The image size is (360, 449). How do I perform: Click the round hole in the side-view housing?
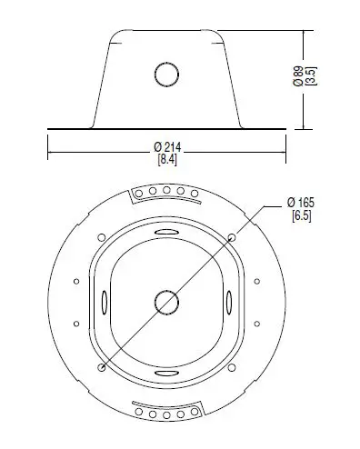(x=165, y=73)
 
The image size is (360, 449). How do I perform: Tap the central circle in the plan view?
(x=165, y=301)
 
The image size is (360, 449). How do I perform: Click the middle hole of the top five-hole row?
(x=165, y=191)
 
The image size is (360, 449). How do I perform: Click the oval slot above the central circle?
(x=165, y=234)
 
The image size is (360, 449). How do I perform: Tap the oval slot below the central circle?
(x=165, y=368)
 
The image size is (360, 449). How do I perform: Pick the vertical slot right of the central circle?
(x=229, y=301)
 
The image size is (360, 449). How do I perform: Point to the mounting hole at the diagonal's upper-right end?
(x=233, y=235)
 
